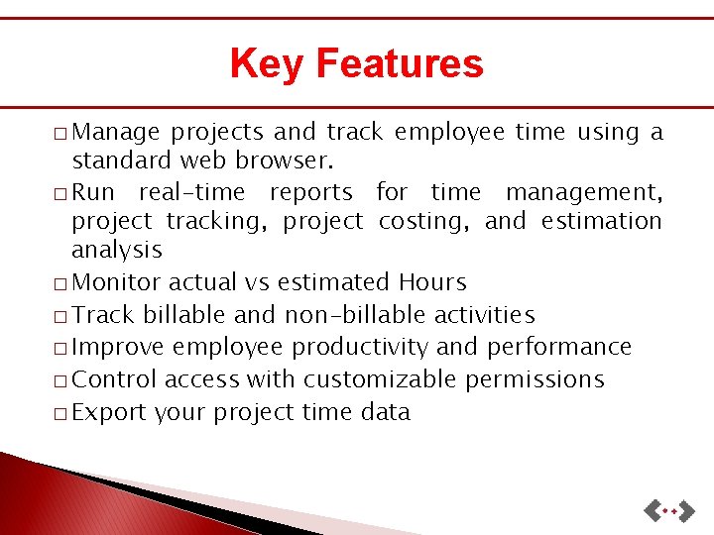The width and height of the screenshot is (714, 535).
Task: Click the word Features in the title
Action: tap(399, 64)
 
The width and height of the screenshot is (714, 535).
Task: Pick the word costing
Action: tap(422, 221)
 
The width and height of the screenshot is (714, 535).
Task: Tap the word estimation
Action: tap(601, 221)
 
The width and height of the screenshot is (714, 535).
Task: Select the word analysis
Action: tap(116, 251)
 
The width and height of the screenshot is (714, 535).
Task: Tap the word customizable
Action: tap(381, 380)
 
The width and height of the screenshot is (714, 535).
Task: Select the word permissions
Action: tap(535, 380)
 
